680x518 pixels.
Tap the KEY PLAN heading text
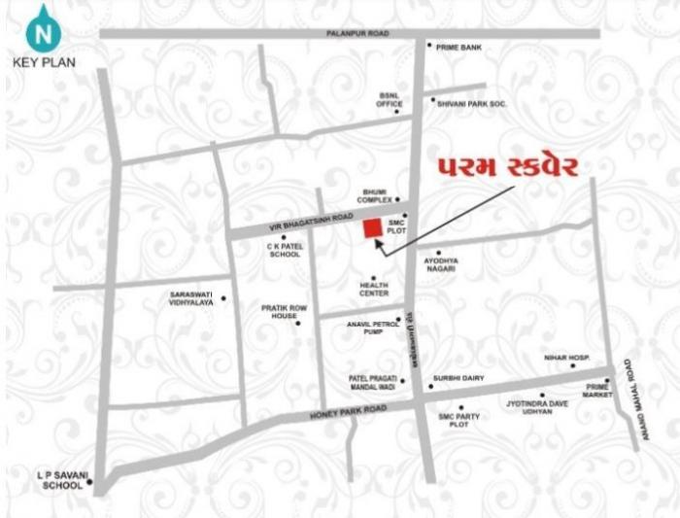[44, 62]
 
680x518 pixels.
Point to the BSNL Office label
[391, 99]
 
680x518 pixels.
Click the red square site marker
[370, 227]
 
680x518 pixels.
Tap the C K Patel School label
[285, 251]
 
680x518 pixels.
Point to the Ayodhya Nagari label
[440, 264]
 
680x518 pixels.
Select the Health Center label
[374, 289]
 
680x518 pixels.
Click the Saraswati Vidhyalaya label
[190, 298]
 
